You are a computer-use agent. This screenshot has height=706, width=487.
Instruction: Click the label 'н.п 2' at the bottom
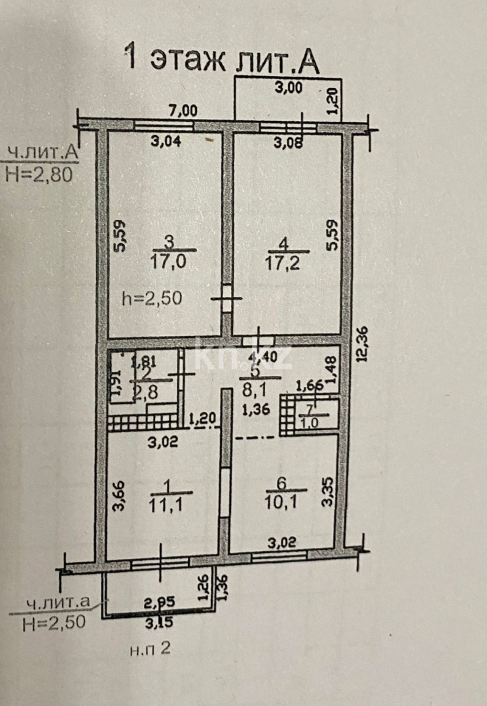pyautogui.click(x=150, y=649)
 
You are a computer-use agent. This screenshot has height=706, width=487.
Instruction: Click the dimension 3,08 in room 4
pyautogui.click(x=289, y=143)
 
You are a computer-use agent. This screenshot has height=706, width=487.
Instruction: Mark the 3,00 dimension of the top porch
pyautogui.click(x=289, y=88)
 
